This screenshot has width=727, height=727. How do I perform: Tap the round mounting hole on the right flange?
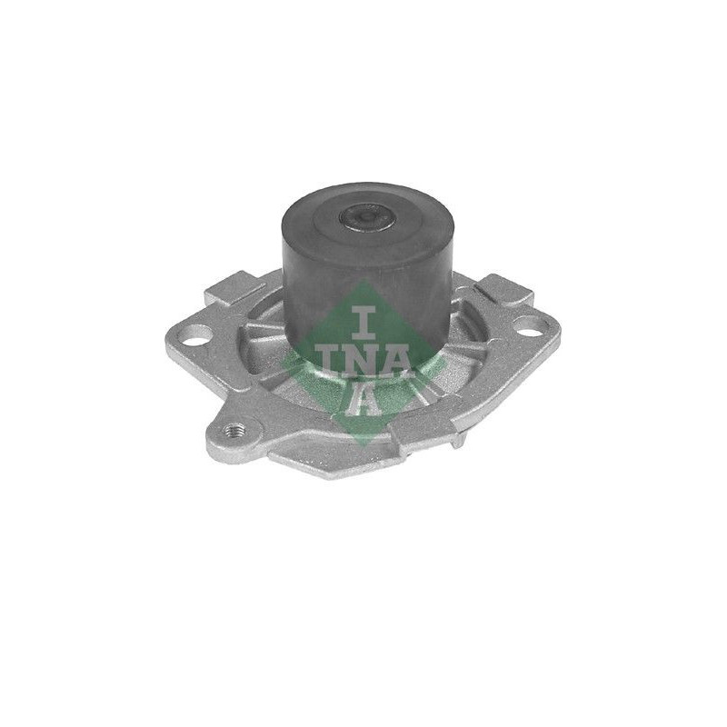tap(527, 326)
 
